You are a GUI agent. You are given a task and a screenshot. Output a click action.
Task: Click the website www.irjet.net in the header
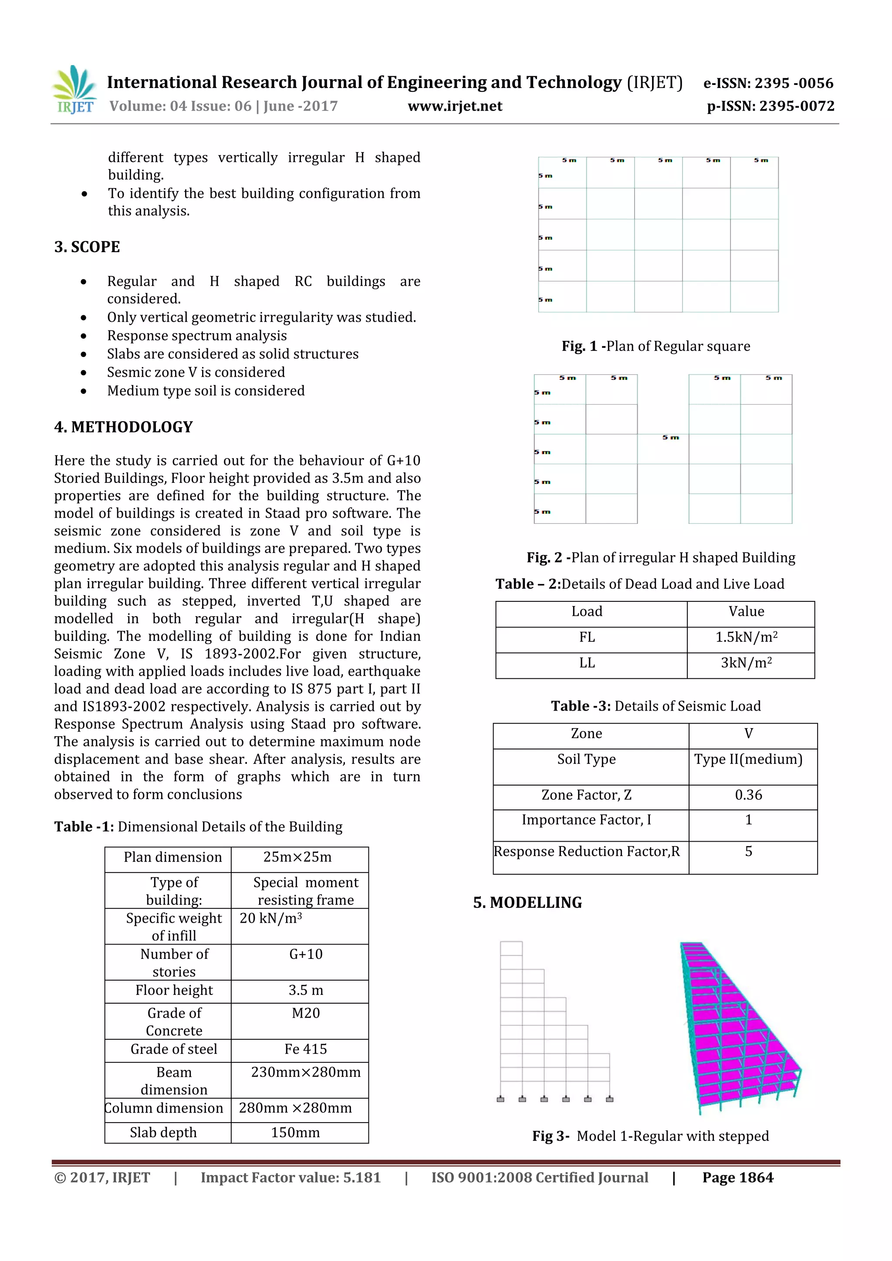tap(455, 106)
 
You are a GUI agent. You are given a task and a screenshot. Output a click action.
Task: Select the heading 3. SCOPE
tap(87, 246)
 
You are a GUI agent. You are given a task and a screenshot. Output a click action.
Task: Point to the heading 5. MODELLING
tap(527, 902)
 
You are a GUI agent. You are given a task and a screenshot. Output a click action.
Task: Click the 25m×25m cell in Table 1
tap(297, 857)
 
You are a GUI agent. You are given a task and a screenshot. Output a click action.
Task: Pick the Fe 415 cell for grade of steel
tap(305, 1049)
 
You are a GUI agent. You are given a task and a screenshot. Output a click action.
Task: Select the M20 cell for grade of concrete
tap(305, 1013)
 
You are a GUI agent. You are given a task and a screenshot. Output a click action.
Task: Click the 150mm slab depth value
tap(295, 1133)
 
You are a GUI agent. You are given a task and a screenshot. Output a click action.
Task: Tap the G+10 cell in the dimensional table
tap(305, 954)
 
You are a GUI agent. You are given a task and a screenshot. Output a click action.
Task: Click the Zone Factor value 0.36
tap(748, 795)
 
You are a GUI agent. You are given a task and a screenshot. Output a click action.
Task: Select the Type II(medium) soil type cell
tap(748, 759)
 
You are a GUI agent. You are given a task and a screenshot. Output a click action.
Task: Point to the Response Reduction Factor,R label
tap(587, 851)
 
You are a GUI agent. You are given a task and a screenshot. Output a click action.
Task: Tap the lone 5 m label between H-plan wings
tap(670, 437)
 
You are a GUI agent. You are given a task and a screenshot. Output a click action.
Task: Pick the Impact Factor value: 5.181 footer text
tap(290, 1177)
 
